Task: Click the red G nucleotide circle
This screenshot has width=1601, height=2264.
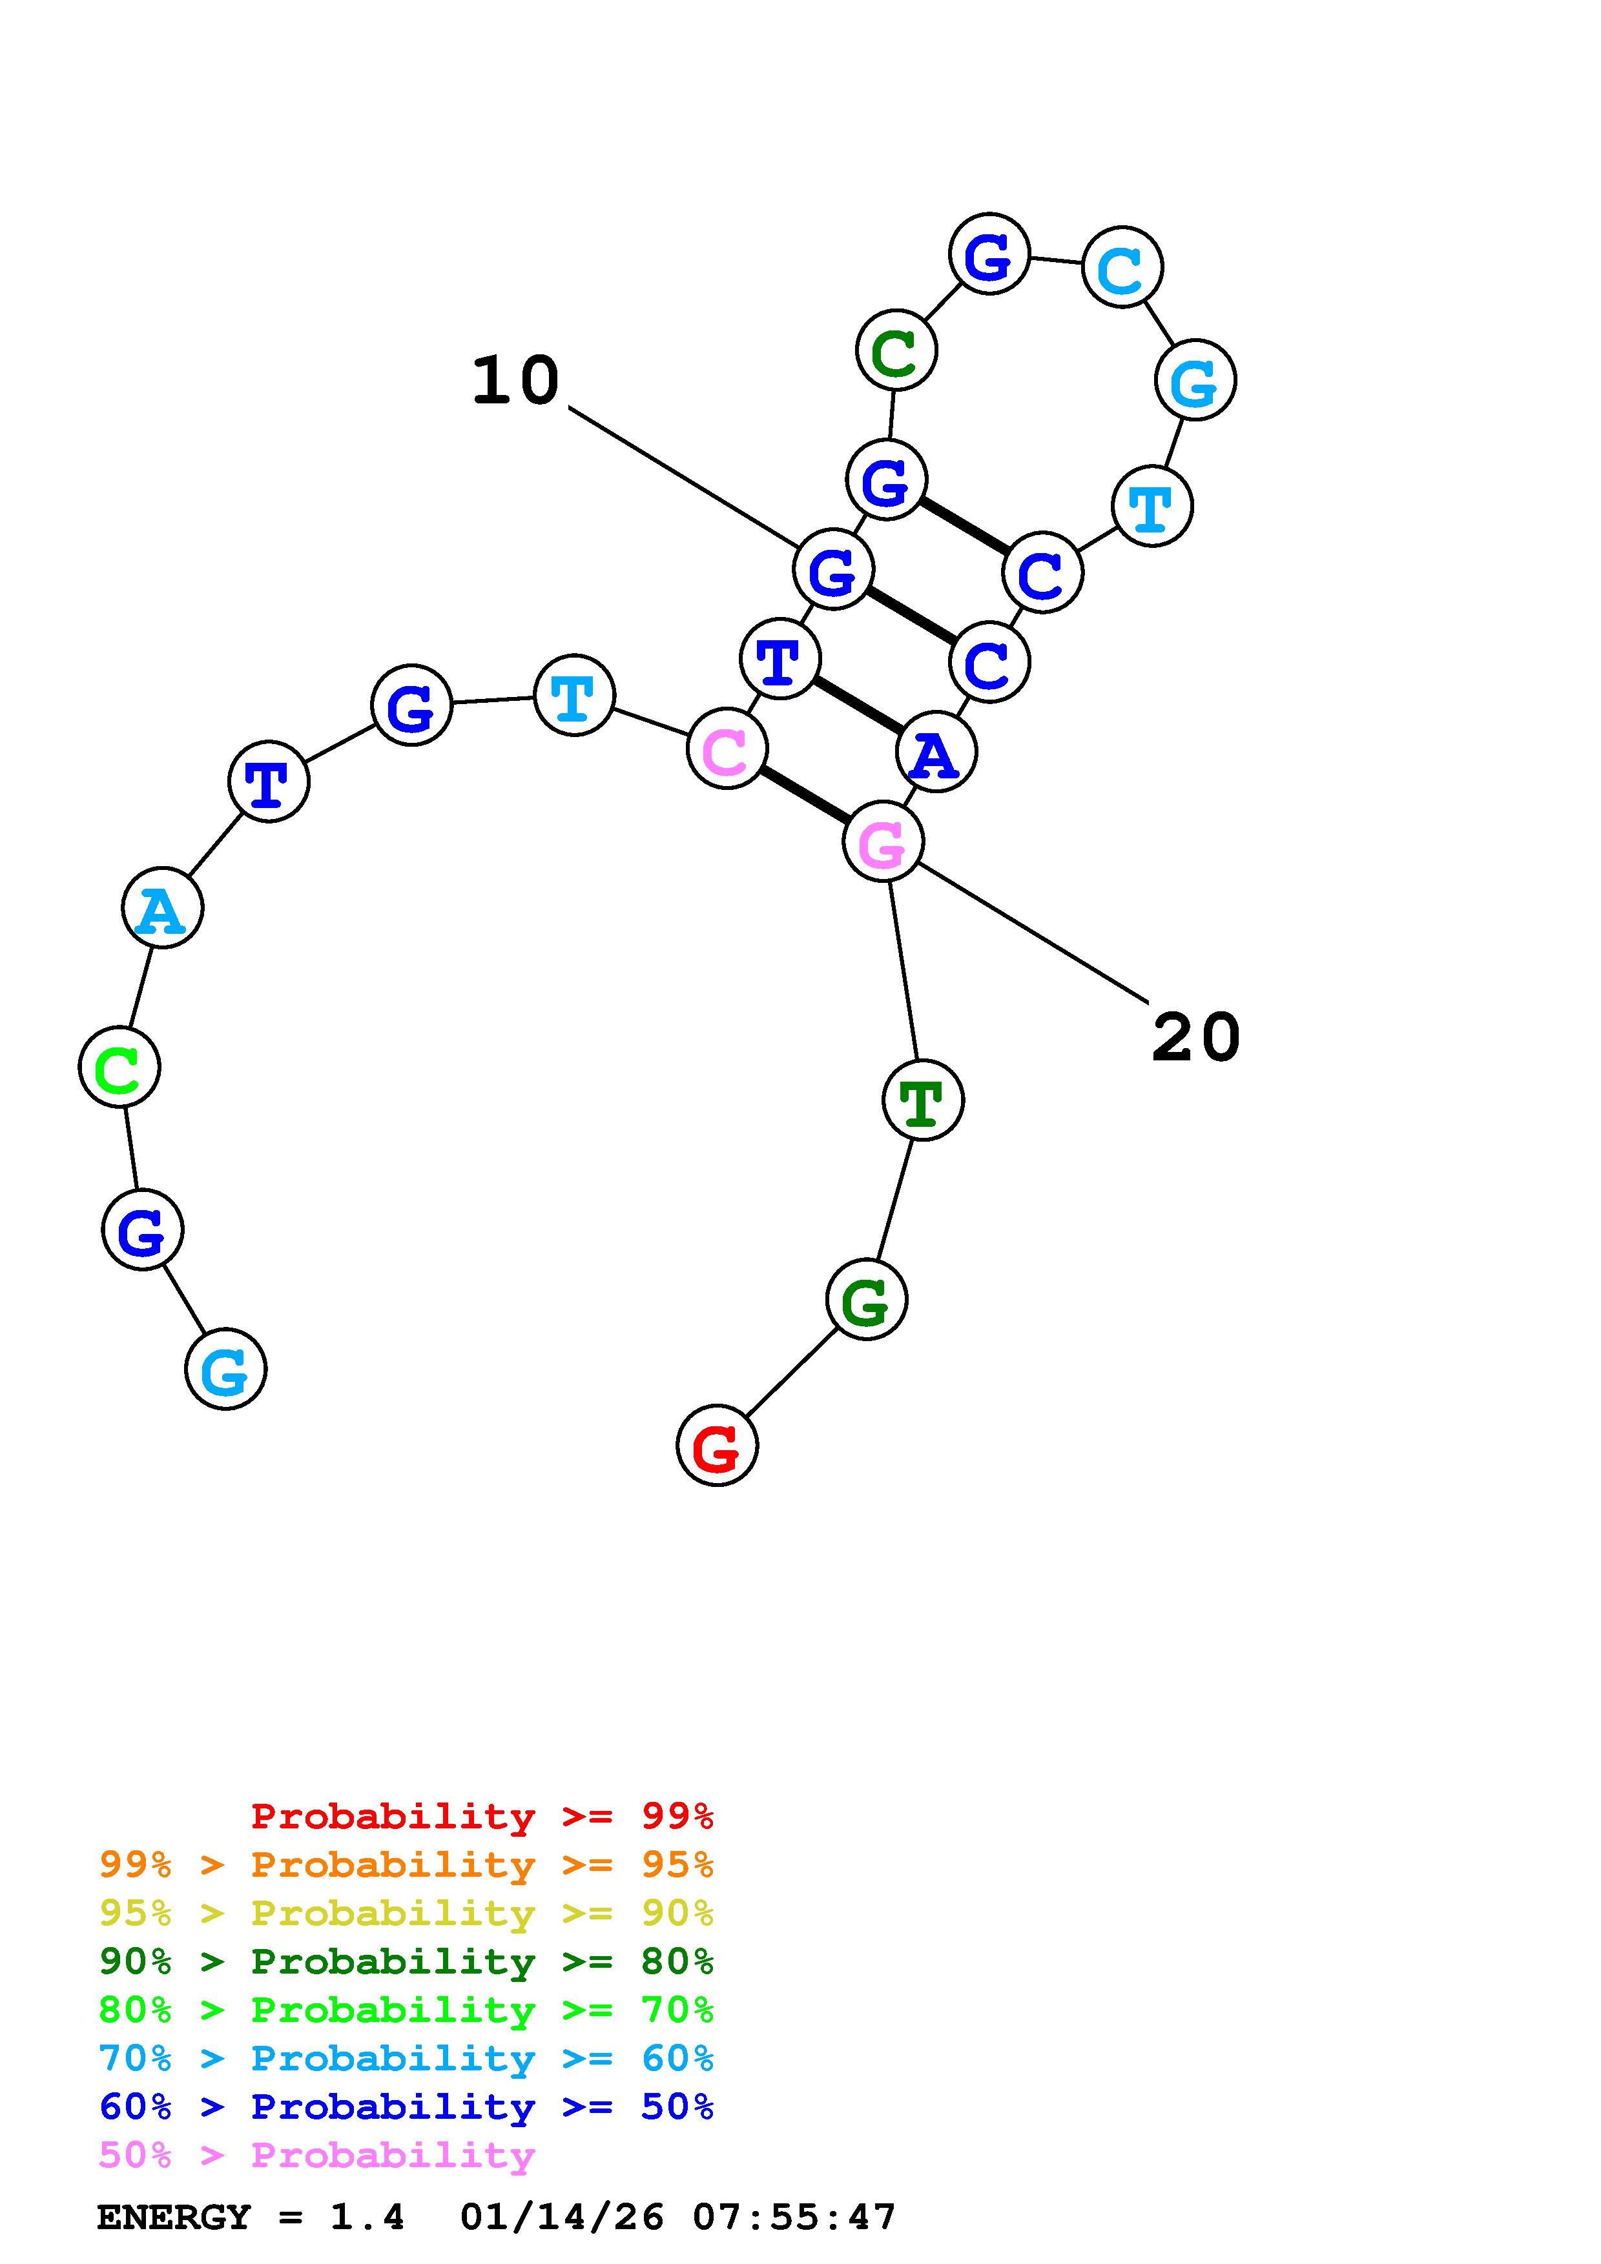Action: (x=717, y=1446)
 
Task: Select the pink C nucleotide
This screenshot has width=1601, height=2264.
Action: (x=727, y=749)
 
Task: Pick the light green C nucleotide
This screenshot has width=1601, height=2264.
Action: (x=119, y=1067)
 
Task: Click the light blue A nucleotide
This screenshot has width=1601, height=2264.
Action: (x=163, y=907)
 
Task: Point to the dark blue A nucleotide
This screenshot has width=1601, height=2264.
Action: (x=936, y=753)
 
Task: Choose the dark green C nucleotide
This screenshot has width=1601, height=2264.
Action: (x=896, y=350)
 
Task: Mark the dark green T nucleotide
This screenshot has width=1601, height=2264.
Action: (x=922, y=1100)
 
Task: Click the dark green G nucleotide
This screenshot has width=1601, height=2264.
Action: (x=866, y=1300)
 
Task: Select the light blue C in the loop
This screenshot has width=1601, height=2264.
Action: (x=1122, y=267)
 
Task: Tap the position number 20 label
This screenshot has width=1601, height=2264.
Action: (x=1195, y=1037)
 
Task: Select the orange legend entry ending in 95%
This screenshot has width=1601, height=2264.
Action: (x=406, y=1865)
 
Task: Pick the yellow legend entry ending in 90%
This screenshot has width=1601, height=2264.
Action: (x=406, y=1913)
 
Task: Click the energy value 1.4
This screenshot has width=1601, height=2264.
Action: (x=367, y=2218)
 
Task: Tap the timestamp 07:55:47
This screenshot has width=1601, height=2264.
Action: (x=794, y=2218)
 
